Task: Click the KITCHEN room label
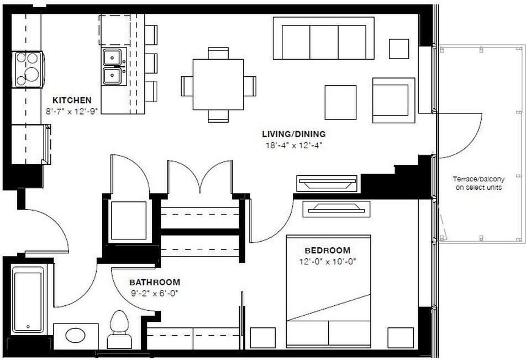click(x=72, y=101)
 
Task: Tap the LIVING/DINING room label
click(x=293, y=134)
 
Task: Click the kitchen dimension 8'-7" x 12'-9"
click(x=72, y=111)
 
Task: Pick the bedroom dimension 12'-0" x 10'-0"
click(x=327, y=261)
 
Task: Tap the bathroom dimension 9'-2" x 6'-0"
click(x=155, y=292)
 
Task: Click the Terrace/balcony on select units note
click(x=478, y=184)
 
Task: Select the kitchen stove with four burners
click(x=28, y=69)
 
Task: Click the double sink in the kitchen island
click(x=113, y=66)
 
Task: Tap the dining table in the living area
click(x=218, y=85)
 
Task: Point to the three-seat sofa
click(x=323, y=38)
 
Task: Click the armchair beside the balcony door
click(x=393, y=100)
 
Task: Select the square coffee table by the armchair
click(x=340, y=102)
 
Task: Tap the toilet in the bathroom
click(x=119, y=330)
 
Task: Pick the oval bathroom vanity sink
click(x=75, y=335)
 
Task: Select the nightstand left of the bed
click(x=262, y=338)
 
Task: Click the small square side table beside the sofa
click(x=399, y=49)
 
